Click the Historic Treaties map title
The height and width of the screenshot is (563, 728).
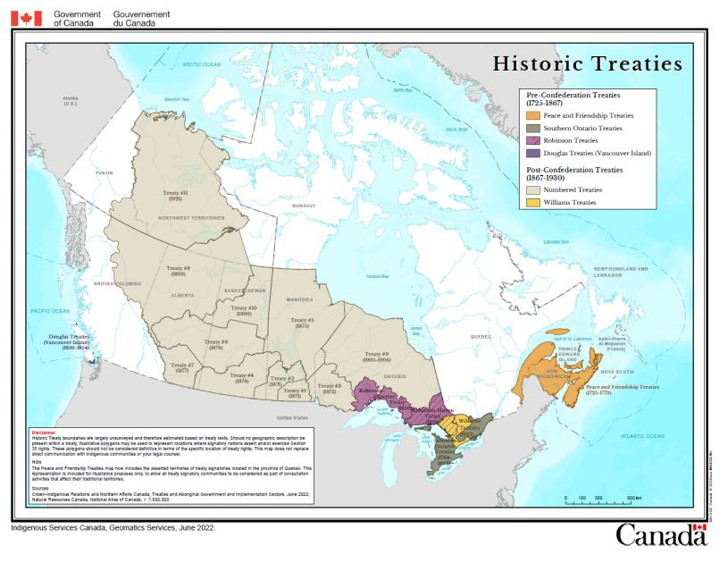[588, 64]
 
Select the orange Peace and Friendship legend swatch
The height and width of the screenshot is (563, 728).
[532, 115]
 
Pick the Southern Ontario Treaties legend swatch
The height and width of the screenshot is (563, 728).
[532, 128]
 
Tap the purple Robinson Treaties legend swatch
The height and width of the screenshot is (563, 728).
[532, 140]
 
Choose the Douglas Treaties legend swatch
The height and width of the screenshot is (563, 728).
[532, 153]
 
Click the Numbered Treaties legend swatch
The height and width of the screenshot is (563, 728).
[532, 189]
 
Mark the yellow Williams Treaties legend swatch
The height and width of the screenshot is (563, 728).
[532, 202]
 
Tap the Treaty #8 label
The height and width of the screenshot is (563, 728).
[180, 270]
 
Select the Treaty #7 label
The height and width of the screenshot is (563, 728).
[181, 367]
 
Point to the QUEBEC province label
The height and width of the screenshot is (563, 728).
[481, 336]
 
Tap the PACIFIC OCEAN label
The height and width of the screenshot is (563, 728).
[49, 310]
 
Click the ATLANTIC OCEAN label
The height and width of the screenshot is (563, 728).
[625, 433]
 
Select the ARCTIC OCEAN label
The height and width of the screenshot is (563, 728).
[201, 64]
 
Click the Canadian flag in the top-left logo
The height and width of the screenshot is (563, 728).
[26, 18]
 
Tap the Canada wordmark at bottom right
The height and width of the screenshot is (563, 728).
[660, 535]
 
